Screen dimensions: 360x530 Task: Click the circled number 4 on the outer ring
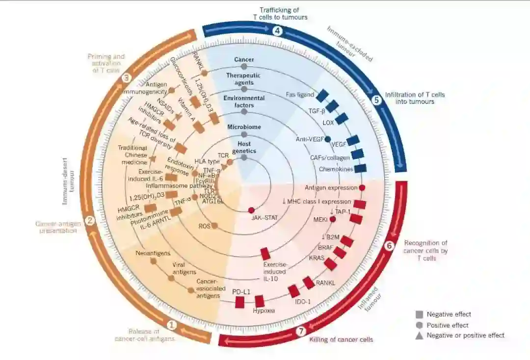278,31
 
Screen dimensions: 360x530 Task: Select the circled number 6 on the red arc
390,246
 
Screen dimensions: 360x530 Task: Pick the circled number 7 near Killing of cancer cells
302,331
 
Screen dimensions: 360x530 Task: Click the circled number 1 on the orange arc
171,325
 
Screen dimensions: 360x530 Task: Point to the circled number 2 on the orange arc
90,221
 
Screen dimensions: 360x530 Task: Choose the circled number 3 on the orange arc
126,77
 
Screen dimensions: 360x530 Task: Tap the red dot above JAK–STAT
251,210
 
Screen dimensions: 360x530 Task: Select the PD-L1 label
241,292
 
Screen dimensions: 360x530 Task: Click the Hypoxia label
264,311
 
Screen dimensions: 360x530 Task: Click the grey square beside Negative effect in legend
419,314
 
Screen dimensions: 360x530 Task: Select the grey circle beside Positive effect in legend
419,325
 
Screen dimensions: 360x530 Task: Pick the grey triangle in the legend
419,335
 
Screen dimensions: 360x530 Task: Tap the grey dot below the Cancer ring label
244,67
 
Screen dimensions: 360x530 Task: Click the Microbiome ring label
244,127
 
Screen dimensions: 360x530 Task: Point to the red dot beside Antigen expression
362,187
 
